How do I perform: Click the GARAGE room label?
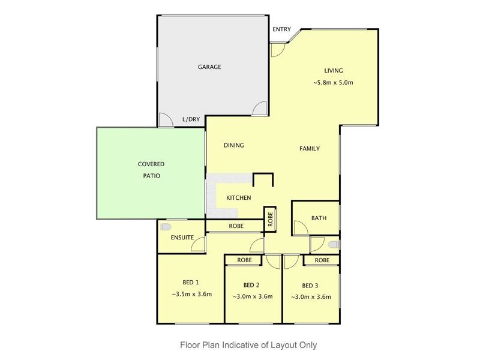(x=209, y=67)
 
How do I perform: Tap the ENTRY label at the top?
(x=281, y=29)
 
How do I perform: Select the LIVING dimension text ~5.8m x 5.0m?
(x=333, y=82)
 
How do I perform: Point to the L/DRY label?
(x=191, y=119)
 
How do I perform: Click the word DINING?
(x=233, y=145)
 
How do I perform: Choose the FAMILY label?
(x=310, y=149)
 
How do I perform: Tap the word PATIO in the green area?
(x=151, y=176)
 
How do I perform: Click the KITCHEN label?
(x=238, y=198)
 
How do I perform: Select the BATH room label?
(x=319, y=218)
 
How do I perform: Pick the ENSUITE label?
(x=182, y=238)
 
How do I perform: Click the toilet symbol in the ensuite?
(x=166, y=226)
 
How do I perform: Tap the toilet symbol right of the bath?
(x=334, y=245)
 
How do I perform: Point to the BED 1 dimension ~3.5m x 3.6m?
(x=191, y=294)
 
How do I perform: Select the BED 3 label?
(x=310, y=285)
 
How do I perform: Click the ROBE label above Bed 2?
(x=244, y=260)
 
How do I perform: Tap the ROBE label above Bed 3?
(x=322, y=260)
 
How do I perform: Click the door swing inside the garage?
(x=259, y=109)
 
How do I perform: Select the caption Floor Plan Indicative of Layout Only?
(x=248, y=345)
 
